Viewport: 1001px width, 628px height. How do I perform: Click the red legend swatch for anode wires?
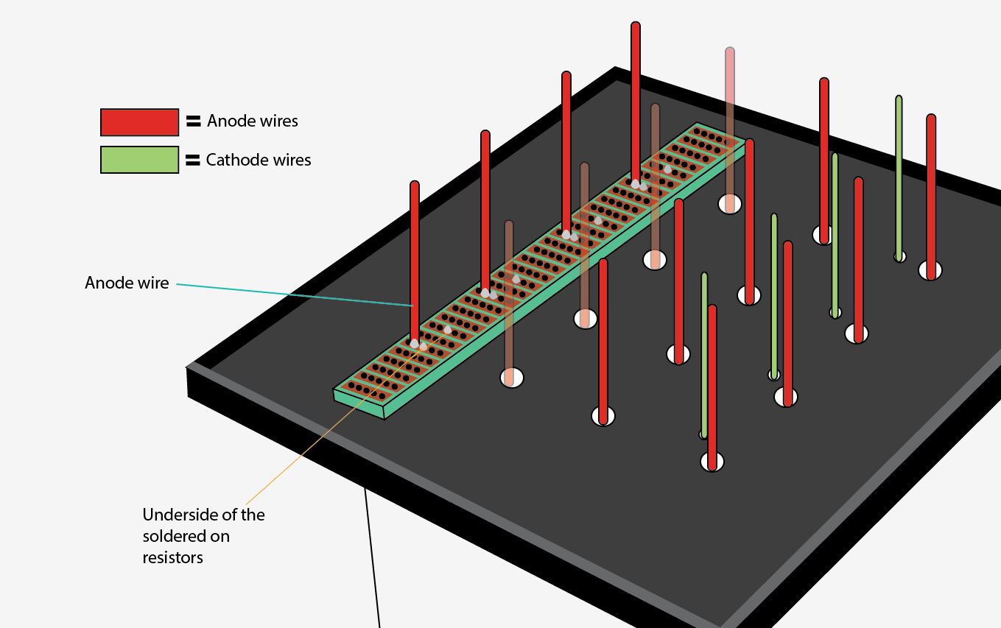click(x=139, y=122)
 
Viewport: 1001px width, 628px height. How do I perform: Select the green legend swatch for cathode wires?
click(x=139, y=160)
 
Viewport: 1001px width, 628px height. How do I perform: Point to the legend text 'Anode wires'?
click(x=253, y=121)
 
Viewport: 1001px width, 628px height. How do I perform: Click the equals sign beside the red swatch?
click(x=193, y=121)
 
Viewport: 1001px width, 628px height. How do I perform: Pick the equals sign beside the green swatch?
click(x=193, y=160)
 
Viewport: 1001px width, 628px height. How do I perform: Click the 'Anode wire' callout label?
click(x=127, y=283)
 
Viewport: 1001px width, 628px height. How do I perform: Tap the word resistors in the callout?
click(x=172, y=557)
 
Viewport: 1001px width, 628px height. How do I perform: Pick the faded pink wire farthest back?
click(x=729, y=125)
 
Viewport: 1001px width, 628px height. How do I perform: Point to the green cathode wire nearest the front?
click(x=704, y=353)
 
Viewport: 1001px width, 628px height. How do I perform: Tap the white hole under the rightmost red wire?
click(x=931, y=271)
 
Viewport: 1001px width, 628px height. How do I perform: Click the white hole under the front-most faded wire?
click(x=511, y=378)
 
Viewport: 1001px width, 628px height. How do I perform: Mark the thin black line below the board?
click(x=373, y=560)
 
